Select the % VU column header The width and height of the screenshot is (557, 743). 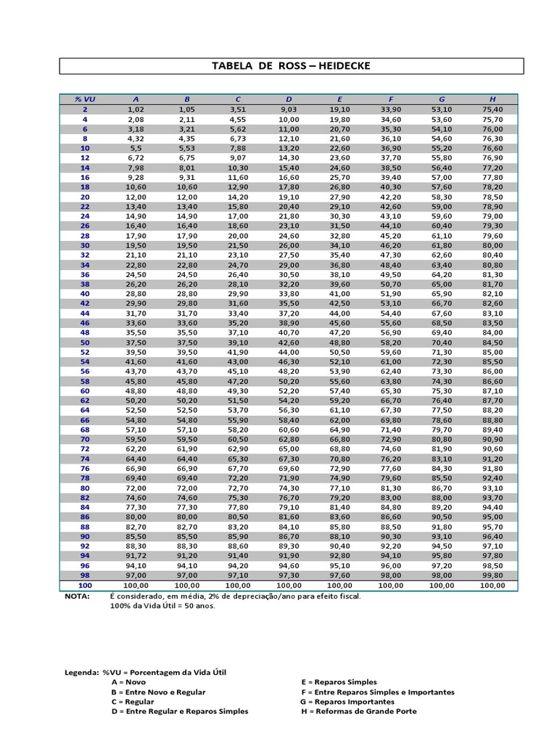tap(85, 99)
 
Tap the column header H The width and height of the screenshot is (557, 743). tap(492, 99)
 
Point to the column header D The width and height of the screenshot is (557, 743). tap(289, 99)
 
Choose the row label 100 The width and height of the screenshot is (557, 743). tap(85, 585)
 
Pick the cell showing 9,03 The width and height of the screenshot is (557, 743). tap(289, 109)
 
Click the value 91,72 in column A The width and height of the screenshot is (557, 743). tap(136, 556)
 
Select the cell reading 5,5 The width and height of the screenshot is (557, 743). tap(136, 147)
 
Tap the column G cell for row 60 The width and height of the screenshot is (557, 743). tap(442, 391)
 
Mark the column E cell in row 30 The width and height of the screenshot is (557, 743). tap(339, 245)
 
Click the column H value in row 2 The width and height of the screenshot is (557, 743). tap(492, 109)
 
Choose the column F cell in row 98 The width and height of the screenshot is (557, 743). tap(391, 575)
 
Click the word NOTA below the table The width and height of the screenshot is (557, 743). tap(78, 596)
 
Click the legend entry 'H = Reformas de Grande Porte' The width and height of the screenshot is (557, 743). tap(358, 711)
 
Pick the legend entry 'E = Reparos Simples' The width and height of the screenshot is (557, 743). tap(339, 683)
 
